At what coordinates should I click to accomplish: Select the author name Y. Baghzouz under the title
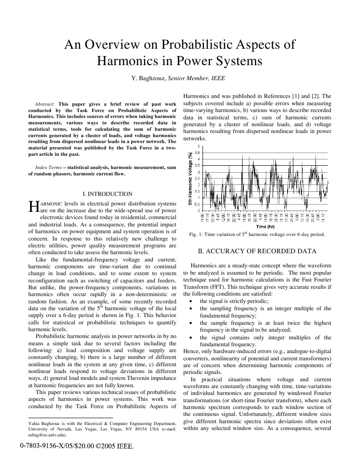click(148, 78)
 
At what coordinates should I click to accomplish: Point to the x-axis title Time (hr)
click(265, 226)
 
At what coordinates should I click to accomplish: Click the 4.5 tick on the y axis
click(197, 153)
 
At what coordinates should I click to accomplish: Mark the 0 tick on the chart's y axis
click(198, 211)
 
